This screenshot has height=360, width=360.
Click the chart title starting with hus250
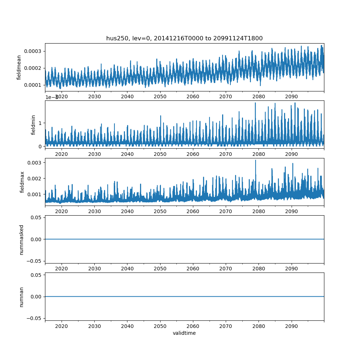(x=184, y=38)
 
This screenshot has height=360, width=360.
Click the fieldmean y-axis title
(x=19, y=67)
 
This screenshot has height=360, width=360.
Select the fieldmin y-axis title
(x=33, y=125)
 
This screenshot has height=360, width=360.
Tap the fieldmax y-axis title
(x=23, y=182)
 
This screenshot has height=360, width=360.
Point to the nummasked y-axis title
(x=22, y=239)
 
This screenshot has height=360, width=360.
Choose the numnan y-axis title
(x=22, y=297)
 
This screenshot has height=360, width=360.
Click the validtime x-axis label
(x=184, y=333)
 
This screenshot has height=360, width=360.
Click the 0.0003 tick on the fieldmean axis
(x=33, y=51)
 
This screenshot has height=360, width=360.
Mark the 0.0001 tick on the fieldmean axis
(x=33, y=85)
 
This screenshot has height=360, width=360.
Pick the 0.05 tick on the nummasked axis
(x=36, y=217)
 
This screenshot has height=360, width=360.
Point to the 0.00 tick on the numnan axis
(x=36, y=297)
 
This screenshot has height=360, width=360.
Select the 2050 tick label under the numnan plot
(x=160, y=326)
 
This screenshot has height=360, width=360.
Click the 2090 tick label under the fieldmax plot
(x=292, y=211)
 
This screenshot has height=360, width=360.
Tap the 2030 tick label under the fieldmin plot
(x=94, y=154)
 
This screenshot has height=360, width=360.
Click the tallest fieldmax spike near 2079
(x=256, y=161)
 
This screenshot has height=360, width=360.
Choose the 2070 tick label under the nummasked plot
(x=226, y=269)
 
